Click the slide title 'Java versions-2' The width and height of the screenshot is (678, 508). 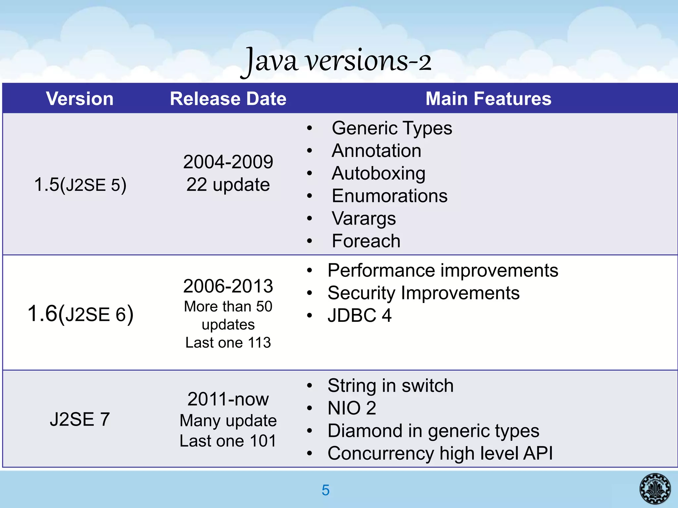pyautogui.click(x=336, y=61)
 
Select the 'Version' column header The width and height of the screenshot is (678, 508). pyautogui.click(x=80, y=99)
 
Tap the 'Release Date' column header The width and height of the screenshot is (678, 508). pyautogui.click(x=228, y=99)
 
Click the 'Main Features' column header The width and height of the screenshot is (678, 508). pyautogui.click(x=488, y=99)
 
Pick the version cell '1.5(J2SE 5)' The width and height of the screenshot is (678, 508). pyautogui.click(x=80, y=185)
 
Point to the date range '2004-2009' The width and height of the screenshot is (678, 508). pyautogui.click(x=228, y=162)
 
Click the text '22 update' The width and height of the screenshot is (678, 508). pyautogui.click(x=228, y=185)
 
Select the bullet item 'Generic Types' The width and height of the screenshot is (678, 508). pyautogui.click(x=392, y=128)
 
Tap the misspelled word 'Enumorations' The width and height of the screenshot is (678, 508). pyautogui.click(x=389, y=196)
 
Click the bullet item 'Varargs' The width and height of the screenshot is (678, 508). pyautogui.click(x=363, y=219)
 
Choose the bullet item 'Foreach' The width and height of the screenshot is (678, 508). pyautogui.click(x=366, y=241)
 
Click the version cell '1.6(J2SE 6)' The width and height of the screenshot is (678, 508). pyautogui.click(x=80, y=314)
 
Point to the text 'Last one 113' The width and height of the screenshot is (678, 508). pyautogui.click(x=228, y=342)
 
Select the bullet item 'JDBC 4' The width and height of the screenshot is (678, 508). pyautogui.click(x=360, y=315)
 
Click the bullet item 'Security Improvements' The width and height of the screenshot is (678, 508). pyautogui.click(x=423, y=293)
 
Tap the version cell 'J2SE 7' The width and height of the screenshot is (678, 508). pyautogui.click(x=80, y=419)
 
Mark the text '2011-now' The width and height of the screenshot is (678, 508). pyautogui.click(x=228, y=399)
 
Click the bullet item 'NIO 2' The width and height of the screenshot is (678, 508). pyautogui.click(x=352, y=408)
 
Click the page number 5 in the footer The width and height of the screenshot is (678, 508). pyautogui.click(x=325, y=490)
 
